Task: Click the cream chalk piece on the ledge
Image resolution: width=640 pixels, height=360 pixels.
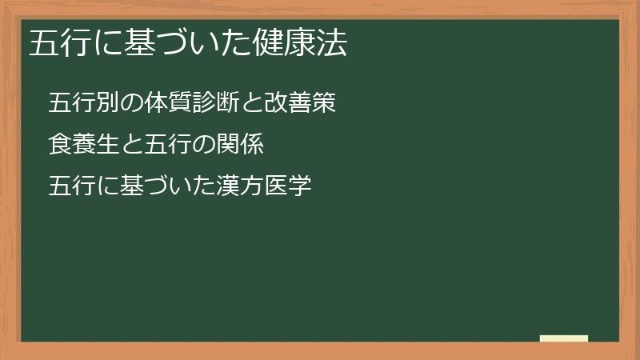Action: coord(564,339)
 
